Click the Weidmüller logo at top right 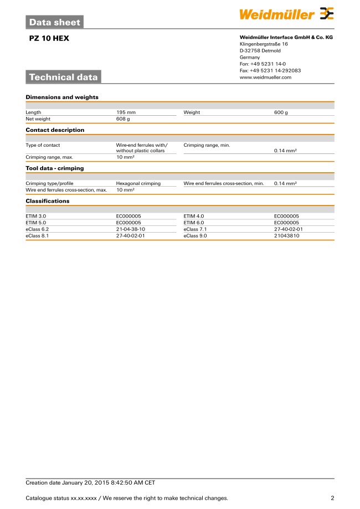[286, 14]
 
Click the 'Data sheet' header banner [54, 23]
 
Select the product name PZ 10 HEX [49, 39]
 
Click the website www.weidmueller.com [265, 78]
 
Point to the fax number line [270, 71]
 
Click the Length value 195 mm [126, 112]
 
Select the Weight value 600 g [281, 112]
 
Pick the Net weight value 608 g [123, 119]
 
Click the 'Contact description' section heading [55, 130]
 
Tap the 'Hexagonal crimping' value [138, 183]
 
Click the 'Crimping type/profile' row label [49, 183]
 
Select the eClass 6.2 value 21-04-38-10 [131, 229]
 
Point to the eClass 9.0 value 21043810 [286, 235]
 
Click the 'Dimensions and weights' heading [62, 97]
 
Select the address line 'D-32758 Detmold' [260, 51]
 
